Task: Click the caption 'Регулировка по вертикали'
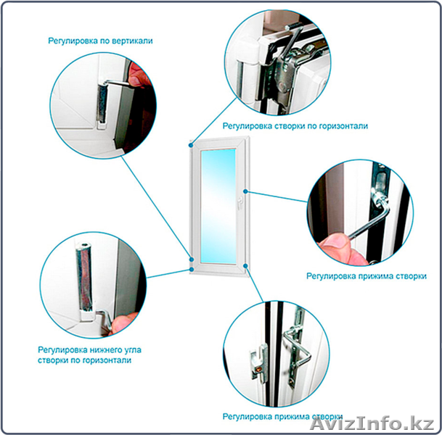click(100, 41)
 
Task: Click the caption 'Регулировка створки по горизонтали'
click(295, 126)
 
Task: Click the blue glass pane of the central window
click(218, 206)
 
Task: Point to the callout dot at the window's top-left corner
click(191, 145)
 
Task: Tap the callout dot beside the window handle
click(245, 191)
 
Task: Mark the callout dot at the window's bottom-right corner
click(245, 266)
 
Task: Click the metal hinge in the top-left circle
click(102, 103)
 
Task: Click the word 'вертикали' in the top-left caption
click(132, 41)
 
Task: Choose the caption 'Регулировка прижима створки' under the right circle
click(367, 276)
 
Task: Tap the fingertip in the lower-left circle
click(123, 323)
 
